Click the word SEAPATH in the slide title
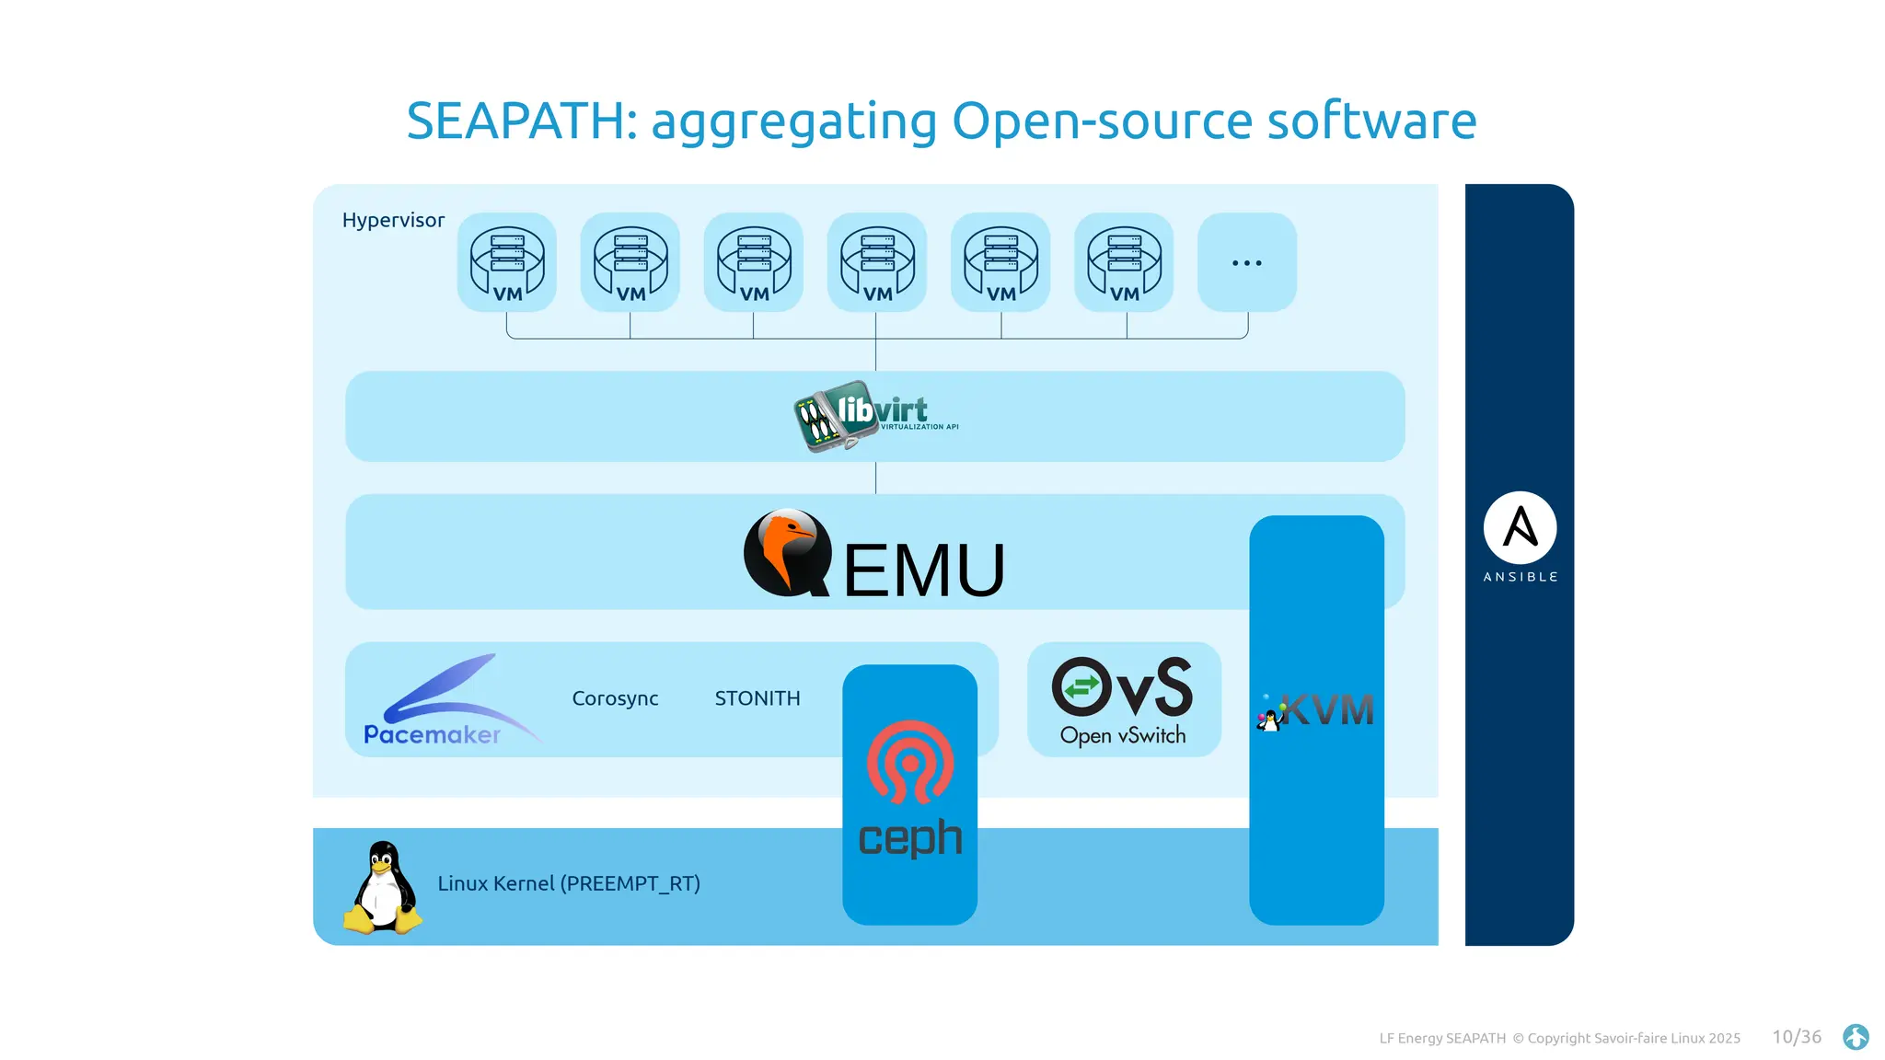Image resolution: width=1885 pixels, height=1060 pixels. coord(515,121)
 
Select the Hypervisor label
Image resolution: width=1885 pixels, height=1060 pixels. coord(393,220)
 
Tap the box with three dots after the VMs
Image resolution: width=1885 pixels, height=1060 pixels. coord(1246,262)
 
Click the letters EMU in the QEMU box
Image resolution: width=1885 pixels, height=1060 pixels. coord(923,570)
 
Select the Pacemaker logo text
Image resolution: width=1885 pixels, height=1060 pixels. coord(432,734)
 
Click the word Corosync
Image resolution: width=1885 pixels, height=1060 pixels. coord(615,698)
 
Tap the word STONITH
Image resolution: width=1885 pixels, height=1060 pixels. coord(757,698)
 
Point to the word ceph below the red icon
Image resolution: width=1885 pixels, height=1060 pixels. coord(909,837)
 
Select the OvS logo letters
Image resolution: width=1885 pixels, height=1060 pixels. coord(1123,687)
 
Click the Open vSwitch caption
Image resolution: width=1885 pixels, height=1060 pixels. coord(1123,735)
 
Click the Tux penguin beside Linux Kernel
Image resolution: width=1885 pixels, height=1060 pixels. coord(383,888)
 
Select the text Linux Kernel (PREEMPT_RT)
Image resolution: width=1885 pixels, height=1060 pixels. coord(569,883)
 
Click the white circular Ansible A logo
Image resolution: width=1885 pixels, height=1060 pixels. coord(1520,527)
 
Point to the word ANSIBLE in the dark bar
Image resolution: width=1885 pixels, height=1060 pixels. coord(1520,577)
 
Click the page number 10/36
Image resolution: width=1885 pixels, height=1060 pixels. coord(1797,1037)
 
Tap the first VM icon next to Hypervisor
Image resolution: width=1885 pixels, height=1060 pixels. coord(507,262)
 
